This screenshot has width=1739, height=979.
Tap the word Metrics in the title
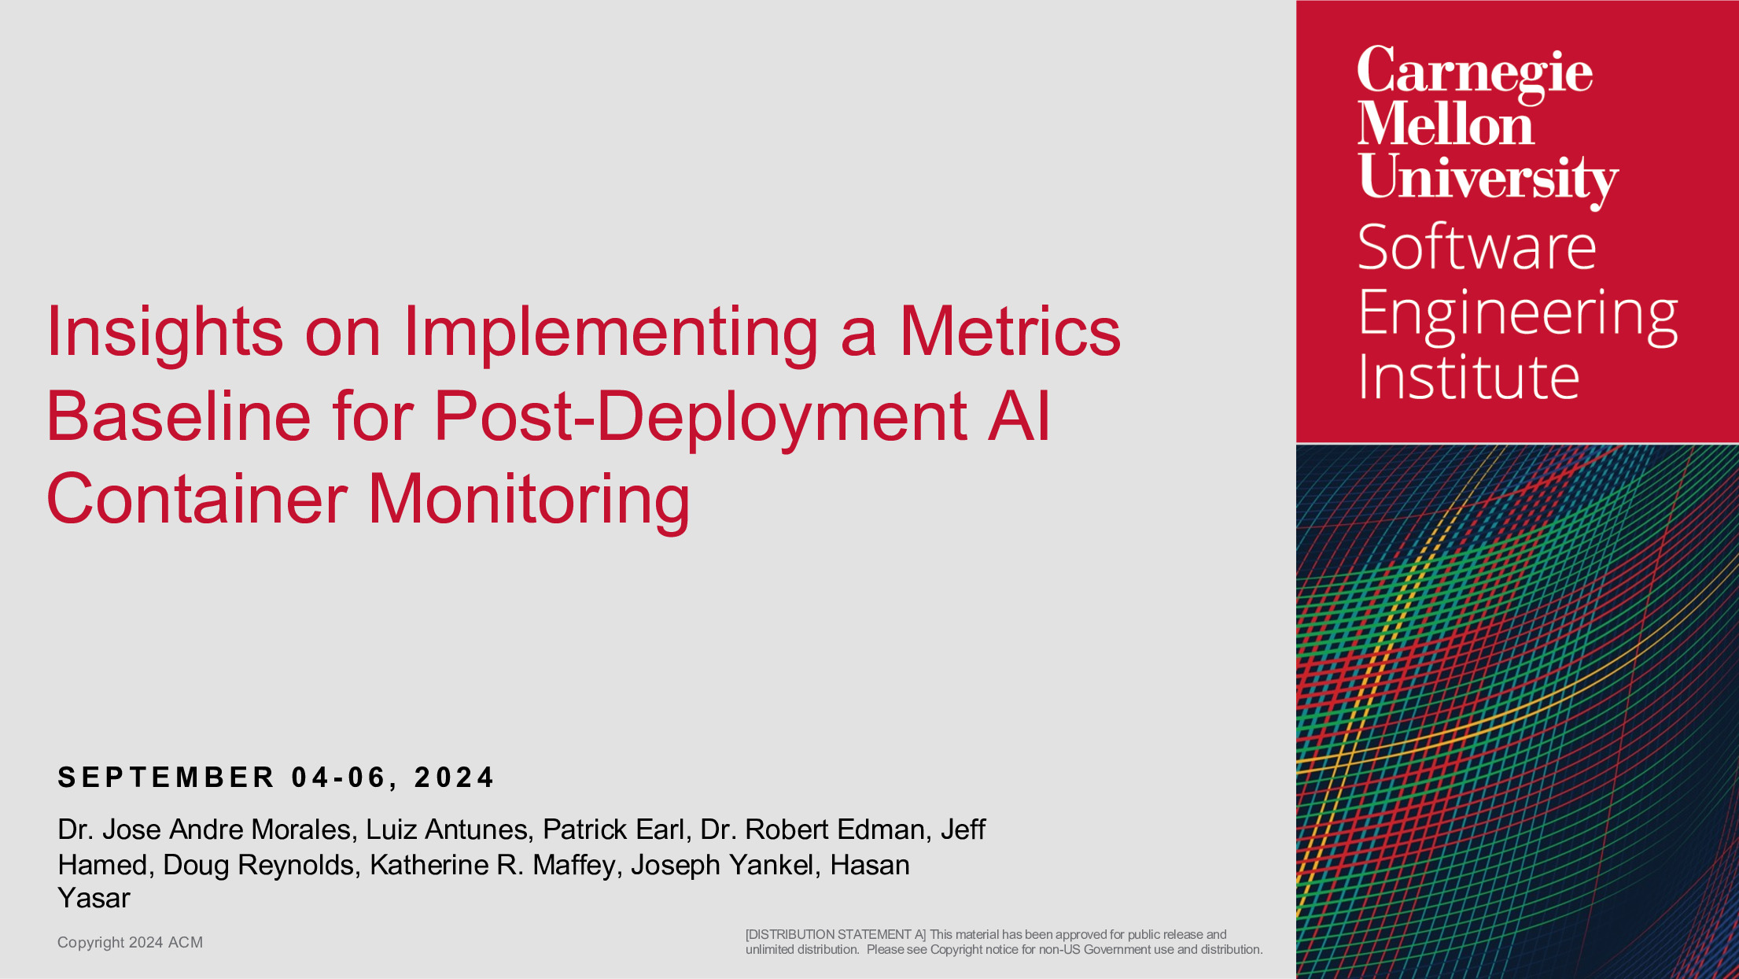[x=1010, y=331]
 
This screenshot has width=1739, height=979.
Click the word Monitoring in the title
[x=529, y=501]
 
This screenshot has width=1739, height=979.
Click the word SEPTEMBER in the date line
[x=166, y=778]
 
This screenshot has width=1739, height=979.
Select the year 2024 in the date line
[x=454, y=778]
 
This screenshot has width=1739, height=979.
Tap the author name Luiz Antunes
[x=447, y=829]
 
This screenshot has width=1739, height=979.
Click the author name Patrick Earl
[x=613, y=829]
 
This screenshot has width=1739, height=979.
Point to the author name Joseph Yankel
[x=722, y=865]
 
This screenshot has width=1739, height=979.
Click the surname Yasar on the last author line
[x=94, y=898]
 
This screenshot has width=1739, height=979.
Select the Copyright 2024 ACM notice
[x=130, y=942]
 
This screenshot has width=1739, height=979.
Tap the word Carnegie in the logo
[x=1475, y=72]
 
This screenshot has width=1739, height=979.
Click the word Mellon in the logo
[x=1446, y=124]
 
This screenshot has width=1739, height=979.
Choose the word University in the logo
[x=1488, y=179]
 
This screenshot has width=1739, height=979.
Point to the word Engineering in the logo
[x=1518, y=315]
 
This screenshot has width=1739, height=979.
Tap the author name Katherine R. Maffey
[x=493, y=865]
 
